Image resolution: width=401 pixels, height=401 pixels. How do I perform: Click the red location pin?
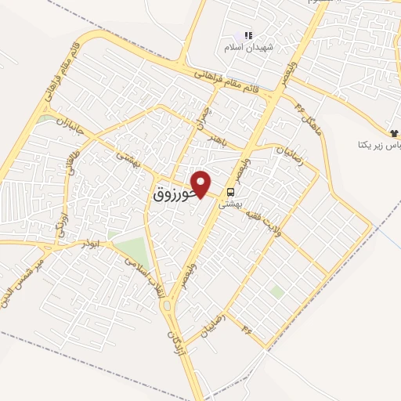click(x=202, y=183)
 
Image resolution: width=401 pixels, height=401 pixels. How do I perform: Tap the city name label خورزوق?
click(x=169, y=196)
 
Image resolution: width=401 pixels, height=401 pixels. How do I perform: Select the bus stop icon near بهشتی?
click(x=230, y=191)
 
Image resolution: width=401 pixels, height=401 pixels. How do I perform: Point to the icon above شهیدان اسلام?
click(x=248, y=35)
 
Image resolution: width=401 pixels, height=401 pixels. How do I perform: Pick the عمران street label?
click(x=204, y=117)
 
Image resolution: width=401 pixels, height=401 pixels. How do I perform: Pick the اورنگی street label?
click(x=62, y=222)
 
